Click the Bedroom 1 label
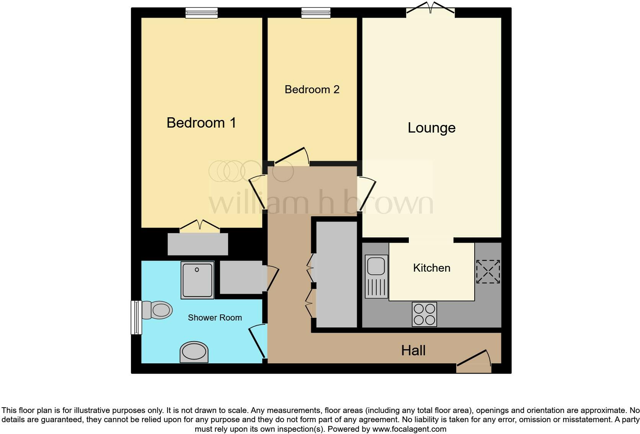(201, 123)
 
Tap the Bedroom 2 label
(312, 89)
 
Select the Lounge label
(431, 128)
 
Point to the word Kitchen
(431, 268)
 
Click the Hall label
(413, 350)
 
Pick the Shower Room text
(215, 317)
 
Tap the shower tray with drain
(197, 280)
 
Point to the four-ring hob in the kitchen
(424, 314)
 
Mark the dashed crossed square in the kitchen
(488, 272)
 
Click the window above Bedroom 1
(201, 13)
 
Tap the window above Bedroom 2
(316, 13)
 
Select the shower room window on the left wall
(136, 317)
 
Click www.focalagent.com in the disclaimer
(409, 429)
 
